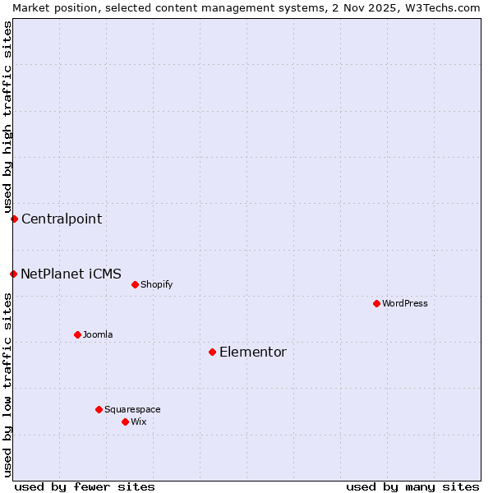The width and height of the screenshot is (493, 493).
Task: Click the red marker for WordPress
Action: click(x=376, y=303)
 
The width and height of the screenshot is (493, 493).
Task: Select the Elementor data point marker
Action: click(x=212, y=352)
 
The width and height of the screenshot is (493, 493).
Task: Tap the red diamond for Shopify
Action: click(x=135, y=284)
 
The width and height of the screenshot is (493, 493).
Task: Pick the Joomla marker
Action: click(x=77, y=334)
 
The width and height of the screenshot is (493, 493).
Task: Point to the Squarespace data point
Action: click(x=99, y=409)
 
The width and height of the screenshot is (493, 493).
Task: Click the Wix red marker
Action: click(x=125, y=422)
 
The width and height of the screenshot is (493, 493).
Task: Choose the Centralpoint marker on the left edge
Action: click(x=14, y=219)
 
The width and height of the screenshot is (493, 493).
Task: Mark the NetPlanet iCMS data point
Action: click(x=13, y=274)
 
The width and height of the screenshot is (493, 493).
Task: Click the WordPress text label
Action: click(x=405, y=303)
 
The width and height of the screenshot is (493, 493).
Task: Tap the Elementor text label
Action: click(x=253, y=352)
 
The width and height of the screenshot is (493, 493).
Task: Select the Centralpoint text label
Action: click(x=62, y=219)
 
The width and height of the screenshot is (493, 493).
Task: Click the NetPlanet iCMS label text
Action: click(x=71, y=274)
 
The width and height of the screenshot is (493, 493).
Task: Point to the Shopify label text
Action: click(x=156, y=284)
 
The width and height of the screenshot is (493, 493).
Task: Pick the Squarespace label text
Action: click(x=132, y=409)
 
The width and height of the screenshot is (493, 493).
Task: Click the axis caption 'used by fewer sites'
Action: click(x=85, y=486)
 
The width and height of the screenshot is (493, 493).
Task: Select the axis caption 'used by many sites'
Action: click(x=412, y=486)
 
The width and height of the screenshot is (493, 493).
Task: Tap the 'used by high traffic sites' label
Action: click(x=7, y=117)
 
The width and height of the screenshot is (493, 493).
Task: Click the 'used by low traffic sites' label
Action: click(x=7, y=385)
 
